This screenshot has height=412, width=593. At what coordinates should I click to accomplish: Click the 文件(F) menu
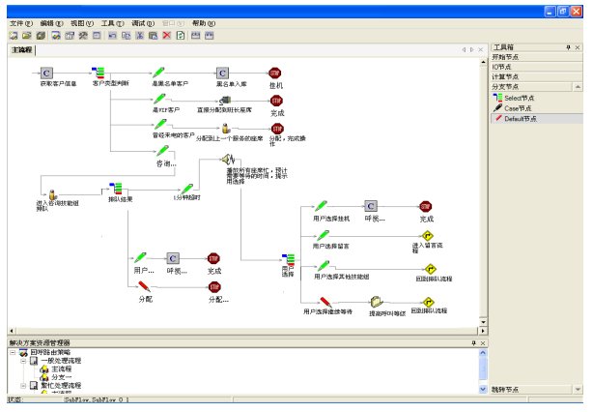(x=20, y=22)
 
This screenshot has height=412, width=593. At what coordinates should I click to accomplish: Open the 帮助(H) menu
(x=204, y=22)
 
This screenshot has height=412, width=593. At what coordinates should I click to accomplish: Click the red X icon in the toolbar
(x=167, y=35)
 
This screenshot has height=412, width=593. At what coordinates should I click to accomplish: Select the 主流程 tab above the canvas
(x=21, y=49)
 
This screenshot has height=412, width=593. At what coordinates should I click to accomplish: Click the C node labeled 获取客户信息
(x=46, y=73)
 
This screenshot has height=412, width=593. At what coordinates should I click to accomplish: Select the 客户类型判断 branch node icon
(x=99, y=72)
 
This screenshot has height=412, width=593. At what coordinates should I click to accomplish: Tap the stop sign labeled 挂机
(x=275, y=73)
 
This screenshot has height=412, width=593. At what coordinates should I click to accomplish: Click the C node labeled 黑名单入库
(x=222, y=73)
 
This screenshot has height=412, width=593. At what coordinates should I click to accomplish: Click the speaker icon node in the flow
(x=229, y=158)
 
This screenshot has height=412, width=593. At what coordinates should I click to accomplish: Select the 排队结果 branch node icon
(x=115, y=187)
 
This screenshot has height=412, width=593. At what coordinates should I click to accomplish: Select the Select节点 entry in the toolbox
(x=519, y=98)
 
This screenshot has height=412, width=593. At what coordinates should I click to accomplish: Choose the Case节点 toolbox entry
(x=518, y=107)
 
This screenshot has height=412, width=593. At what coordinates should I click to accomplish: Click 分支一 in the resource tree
(x=62, y=376)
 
